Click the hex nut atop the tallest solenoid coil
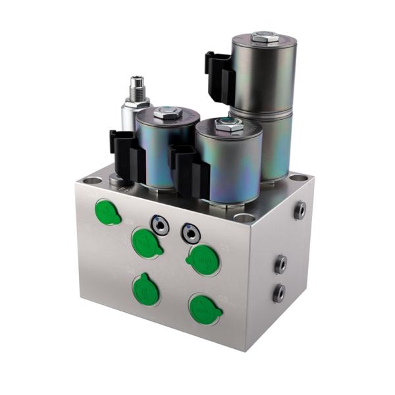click(x=264, y=38)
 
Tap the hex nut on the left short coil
click(x=169, y=115)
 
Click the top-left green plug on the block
click(x=107, y=212)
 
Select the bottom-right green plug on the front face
click(x=205, y=308)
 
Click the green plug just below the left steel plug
click(x=146, y=242)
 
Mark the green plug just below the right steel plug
click(x=203, y=259)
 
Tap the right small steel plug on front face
click(x=190, y=232)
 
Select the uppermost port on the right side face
click(x=300, y=209)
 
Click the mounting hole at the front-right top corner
click(x=244, y=218)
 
